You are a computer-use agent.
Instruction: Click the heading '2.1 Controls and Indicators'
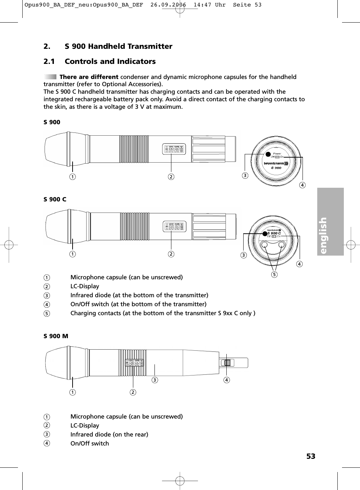(100, 61)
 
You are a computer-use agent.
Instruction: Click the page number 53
(310, 456)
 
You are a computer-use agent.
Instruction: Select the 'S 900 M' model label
(56, 336)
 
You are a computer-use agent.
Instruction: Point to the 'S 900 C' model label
(55, 199)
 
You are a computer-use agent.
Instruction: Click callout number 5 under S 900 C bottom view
(274, 275)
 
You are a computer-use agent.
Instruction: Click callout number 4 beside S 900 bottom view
(303, 185)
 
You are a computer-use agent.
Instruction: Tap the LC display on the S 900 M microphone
(134, 363)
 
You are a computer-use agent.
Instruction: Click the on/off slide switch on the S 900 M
(227, 363)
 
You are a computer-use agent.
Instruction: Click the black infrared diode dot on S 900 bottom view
(268, 155)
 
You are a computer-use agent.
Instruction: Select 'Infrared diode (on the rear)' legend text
(109, 434)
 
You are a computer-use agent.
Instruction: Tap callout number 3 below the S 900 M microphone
(154, 380)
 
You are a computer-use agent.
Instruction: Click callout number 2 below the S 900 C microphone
(171, 254)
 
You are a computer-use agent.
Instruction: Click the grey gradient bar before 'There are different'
(50, 77)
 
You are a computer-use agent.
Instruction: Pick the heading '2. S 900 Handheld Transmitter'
(108, 46)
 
